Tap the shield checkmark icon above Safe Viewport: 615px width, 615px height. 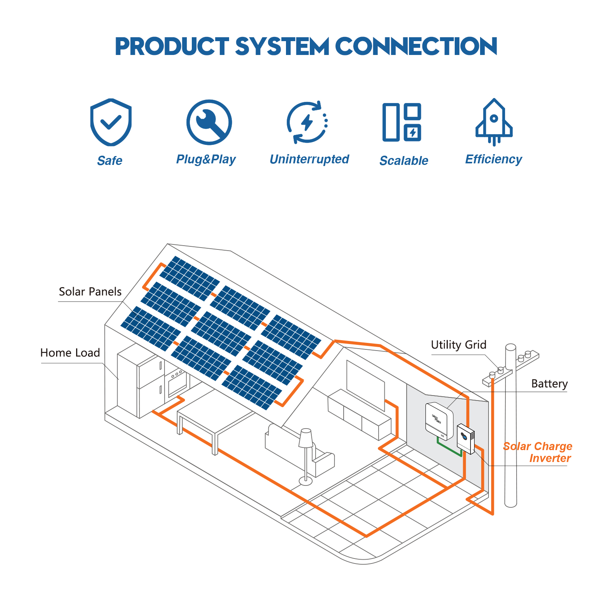111,122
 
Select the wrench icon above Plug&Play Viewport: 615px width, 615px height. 209,122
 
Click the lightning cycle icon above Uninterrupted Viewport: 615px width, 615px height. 307,122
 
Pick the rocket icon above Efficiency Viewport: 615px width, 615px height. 494,121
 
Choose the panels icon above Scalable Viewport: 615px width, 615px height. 402,122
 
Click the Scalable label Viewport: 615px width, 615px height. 404,161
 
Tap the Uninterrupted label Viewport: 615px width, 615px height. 309,159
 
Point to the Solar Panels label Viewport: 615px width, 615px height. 90,292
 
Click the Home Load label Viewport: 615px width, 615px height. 70,353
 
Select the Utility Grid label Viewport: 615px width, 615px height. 459,345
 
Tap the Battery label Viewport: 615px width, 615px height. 549,384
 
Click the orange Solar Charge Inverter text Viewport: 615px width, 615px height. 538,452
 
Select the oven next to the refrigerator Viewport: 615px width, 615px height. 177,382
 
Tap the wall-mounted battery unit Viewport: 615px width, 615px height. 439,420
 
